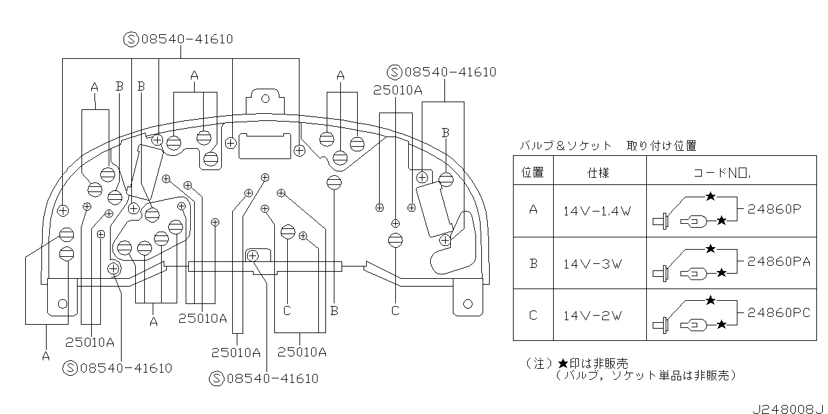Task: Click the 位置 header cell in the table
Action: coord(533,172)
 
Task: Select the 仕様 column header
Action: coord(598,173)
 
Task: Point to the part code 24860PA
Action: coord(778,261)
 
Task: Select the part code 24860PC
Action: coord(778,313)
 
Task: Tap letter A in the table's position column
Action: coord(533,210)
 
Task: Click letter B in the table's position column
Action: coord(533,263)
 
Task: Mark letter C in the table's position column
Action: coord(533,316)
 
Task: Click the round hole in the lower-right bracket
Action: coord(467,302)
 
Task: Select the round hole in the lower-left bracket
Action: coord(63,303)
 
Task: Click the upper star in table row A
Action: coord(710,196)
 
